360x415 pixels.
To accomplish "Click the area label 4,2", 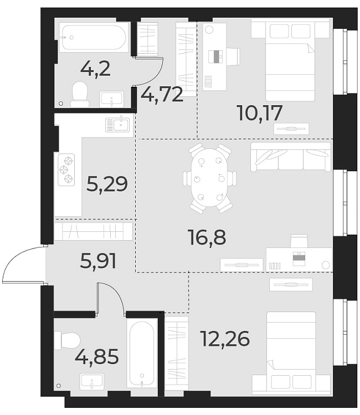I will pos(95,70).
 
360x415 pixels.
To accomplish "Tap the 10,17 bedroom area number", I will pos(260,113).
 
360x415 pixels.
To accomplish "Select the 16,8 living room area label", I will pos(206,239).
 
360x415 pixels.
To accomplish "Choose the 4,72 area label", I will pos(162,95).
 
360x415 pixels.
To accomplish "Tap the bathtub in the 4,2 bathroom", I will pos(94,37).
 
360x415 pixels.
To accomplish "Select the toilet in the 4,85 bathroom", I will pos(69,340).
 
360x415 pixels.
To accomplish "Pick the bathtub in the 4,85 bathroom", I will pos(142,354).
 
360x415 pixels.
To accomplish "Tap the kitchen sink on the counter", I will pos(117,124).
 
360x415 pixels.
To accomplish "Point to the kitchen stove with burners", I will pos(66,170).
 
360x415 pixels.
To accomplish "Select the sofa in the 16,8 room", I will pos(291,157).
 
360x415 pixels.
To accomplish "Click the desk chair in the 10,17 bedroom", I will pos(233,55).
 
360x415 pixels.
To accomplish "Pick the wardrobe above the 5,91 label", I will pos(94,231).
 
